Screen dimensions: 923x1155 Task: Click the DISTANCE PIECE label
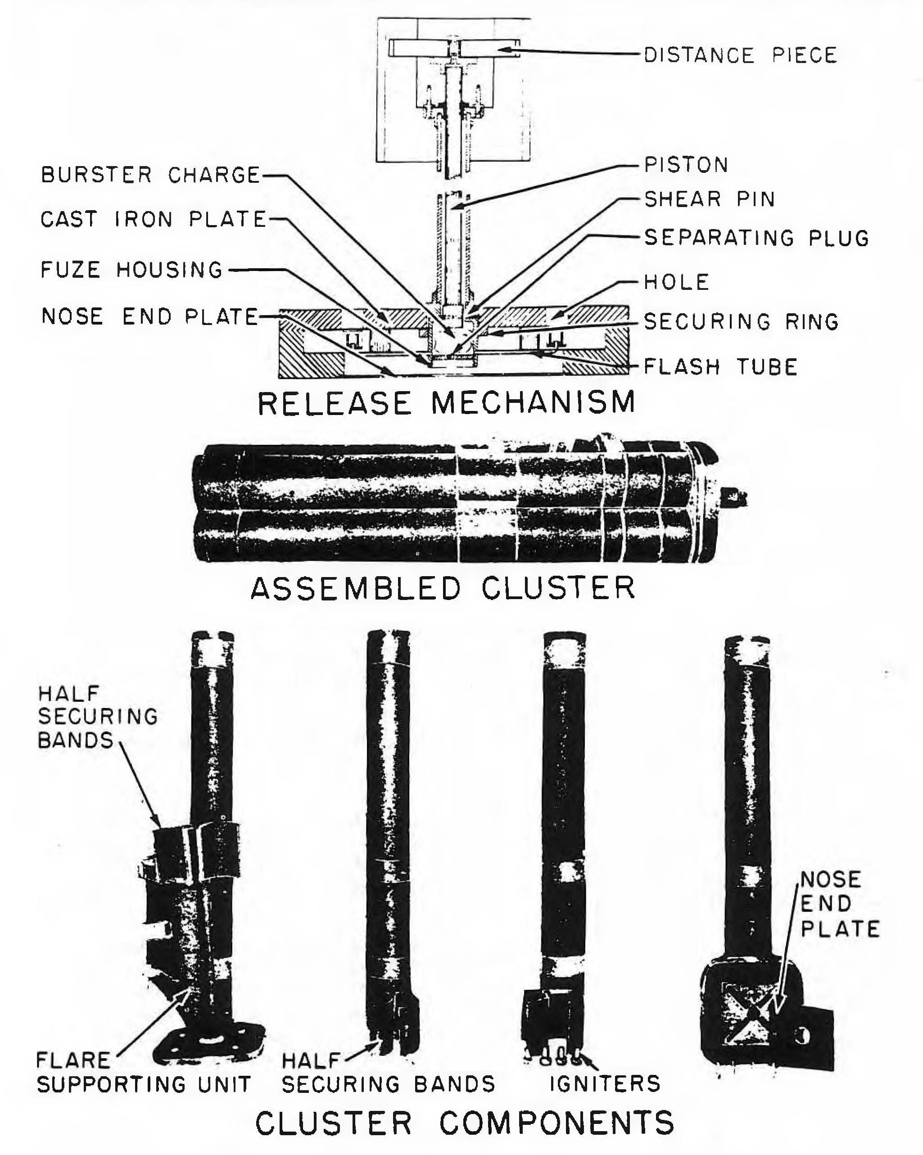click(740, 55)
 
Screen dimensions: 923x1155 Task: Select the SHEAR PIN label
click(710, 199)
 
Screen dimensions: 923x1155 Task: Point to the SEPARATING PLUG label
click(756, 237)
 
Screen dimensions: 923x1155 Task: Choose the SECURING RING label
click(741, 321)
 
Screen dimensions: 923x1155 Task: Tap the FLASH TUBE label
click(720, 366)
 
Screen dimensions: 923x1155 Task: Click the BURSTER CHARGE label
click(151, 175)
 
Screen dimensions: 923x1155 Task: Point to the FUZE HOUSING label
click(132, 270)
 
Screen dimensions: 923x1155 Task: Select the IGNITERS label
click(605, 1084)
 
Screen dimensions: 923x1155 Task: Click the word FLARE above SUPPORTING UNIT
click(73, 1060)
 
